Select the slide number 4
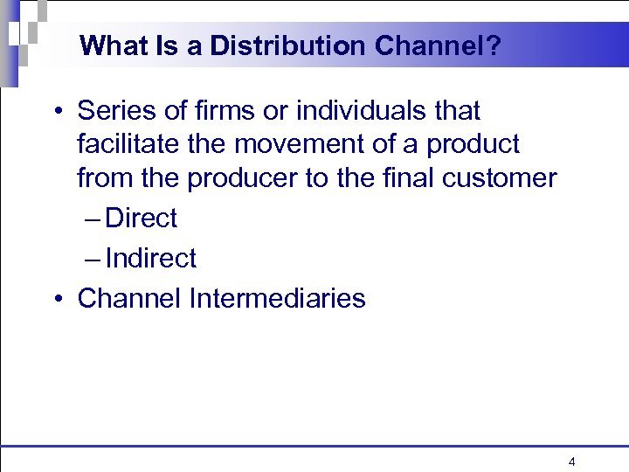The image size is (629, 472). click(571, 462)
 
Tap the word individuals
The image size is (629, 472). click(357, 111)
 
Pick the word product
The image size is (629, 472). click(473, 143)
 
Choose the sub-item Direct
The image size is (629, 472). click(141, 218)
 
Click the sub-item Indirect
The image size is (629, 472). click(150, 258)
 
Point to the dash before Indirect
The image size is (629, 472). click(93, 259)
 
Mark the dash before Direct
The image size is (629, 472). click(93, 219)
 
